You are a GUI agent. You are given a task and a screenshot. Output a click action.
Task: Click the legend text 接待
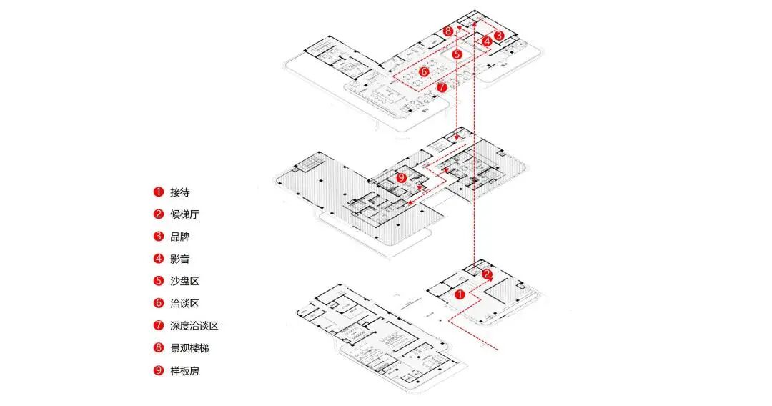click(x=180, y=192)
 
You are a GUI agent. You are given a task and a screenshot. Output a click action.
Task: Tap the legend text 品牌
click(x=180, y=237)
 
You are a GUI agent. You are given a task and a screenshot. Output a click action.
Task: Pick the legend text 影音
click(x=180, y=259)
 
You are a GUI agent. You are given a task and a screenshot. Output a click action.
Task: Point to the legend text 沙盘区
click(x=184, y=281)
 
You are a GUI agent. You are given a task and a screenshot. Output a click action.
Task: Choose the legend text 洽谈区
click(x=184, y=303)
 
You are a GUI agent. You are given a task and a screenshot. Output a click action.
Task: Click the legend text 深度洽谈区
click(x=194, y=325)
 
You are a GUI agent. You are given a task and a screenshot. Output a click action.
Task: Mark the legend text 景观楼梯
click(x=189, y=348)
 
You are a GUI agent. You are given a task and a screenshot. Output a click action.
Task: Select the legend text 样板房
click(x=184, y=370)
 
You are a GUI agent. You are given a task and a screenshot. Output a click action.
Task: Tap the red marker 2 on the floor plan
click(x=487, y=274)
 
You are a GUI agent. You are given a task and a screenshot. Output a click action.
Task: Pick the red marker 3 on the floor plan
click(x=499, y=35)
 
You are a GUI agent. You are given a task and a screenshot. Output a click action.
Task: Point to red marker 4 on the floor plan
click(x=487, y=42)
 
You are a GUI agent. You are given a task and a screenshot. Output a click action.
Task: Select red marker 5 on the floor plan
click(x=457, y=54)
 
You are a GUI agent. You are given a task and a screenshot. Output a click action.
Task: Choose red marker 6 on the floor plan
click(x=424, y=71)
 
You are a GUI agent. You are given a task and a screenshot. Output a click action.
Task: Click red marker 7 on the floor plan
click(x=442, y=87)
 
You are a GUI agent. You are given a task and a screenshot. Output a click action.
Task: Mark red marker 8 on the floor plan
click(x=448, y=31)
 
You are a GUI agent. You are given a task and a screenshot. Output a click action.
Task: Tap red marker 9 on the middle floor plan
click(x=401, y=177)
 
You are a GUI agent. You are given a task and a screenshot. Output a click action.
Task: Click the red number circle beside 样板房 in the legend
click(x=158, y=370)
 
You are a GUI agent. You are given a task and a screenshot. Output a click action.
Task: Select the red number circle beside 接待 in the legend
click(x=158, y=192)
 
